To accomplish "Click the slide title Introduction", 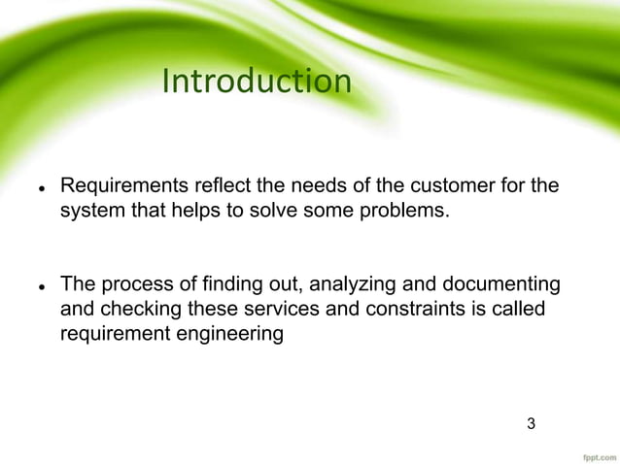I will (x=256, y=82).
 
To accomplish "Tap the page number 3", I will (x=531, y=423).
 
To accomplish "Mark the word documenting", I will (x=499, y=284).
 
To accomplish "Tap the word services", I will (x=277, y=310).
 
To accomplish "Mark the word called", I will (x=516, y=310).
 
